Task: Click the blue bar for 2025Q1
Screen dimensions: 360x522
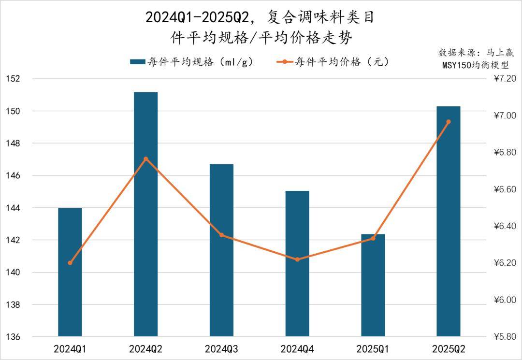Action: click(x=373, y=285)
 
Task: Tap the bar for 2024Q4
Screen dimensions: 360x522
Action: click(x=297, y=263)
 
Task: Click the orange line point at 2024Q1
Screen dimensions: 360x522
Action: click(x=70, y=263)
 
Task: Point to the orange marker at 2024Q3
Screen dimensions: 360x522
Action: click(x=221, y=235)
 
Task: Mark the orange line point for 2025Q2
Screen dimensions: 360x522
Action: click(x=449, y=122)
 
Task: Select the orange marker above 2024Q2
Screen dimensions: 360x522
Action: click(x=145, y=159)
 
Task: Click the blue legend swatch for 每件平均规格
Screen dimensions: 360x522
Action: click(x=138, y=62)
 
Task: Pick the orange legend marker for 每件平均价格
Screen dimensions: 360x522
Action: click(x=285, y=62)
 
